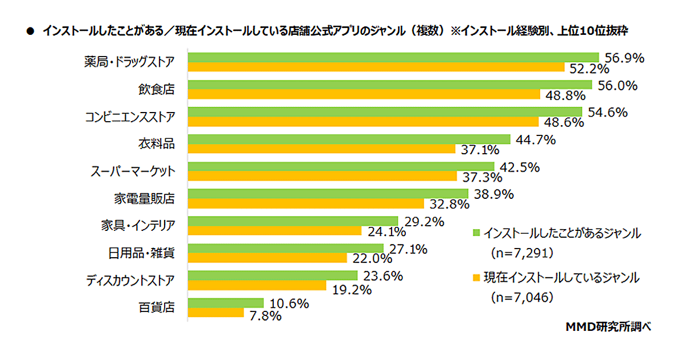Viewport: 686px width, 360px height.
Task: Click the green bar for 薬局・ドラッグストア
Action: pos(393,57)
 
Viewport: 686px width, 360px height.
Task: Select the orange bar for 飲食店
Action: pos(364,94)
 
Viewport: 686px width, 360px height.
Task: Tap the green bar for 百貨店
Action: pos(226,303)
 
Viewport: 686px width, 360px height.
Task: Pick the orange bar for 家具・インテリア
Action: pos(275,231)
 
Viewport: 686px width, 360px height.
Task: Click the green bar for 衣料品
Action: pos(349,139)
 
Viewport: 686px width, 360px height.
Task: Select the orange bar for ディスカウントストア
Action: pos(257,285)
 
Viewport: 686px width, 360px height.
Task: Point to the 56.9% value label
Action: pos(624,58)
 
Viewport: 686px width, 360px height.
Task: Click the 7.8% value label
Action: pos(264,315)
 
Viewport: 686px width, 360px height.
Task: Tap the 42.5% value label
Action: pos(520,168)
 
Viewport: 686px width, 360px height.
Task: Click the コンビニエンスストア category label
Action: pos(130,117)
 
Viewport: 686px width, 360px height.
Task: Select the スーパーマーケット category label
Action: pos(133,171)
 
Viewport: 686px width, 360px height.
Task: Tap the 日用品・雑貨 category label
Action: pos(142,253)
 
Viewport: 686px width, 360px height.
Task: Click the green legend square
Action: pos(476,233)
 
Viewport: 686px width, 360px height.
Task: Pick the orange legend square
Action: pos(476,278)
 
